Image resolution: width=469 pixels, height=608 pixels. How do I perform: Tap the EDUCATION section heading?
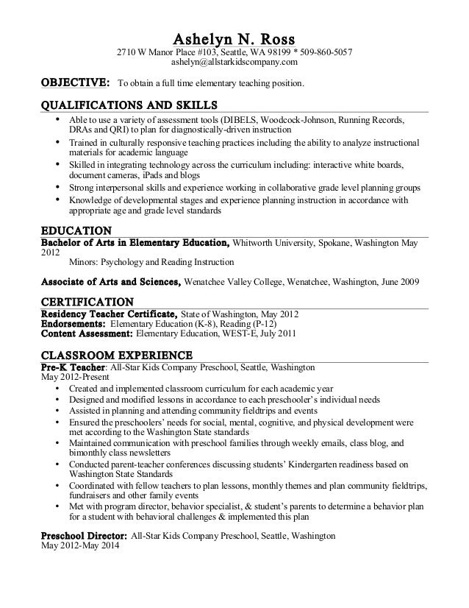point(76,229)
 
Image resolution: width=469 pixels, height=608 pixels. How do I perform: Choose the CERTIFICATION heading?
point(87,302)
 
